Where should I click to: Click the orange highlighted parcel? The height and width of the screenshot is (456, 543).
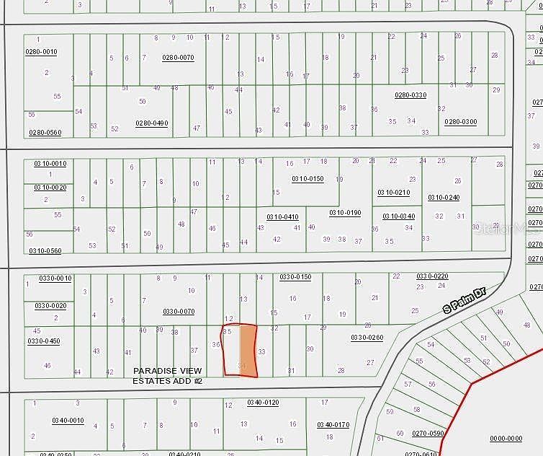(x=248, y=349)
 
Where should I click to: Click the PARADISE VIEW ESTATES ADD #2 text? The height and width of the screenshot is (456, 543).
(x=167, y=375)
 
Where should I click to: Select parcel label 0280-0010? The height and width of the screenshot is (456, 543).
(x=41, y=52)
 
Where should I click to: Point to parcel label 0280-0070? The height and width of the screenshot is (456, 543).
(x=178, y=58)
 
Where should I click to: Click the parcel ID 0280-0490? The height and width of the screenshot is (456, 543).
(x=152, y=123)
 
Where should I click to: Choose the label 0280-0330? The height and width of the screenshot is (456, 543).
(x=410, y=95)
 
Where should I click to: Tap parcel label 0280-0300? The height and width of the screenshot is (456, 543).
(x=460, y=122)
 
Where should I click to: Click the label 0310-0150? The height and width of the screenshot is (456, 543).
(x=308, y=179)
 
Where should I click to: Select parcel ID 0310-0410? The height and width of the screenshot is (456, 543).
(x=282, y=216)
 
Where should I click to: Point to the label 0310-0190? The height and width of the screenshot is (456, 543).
(x=345, y=213)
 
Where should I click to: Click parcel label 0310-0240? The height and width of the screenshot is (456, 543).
(x=444, y=198)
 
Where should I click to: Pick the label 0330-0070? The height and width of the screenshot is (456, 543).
(x=179, y=312)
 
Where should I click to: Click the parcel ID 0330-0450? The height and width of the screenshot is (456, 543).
(x=44, y=341)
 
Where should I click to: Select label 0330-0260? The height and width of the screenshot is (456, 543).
(x=367, y=338)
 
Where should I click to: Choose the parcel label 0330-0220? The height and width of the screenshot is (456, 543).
(x=432, y=276)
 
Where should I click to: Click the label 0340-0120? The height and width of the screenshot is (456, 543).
(x=262, y=403)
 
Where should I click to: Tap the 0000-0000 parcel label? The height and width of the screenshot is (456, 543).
(x=506, y=438)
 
